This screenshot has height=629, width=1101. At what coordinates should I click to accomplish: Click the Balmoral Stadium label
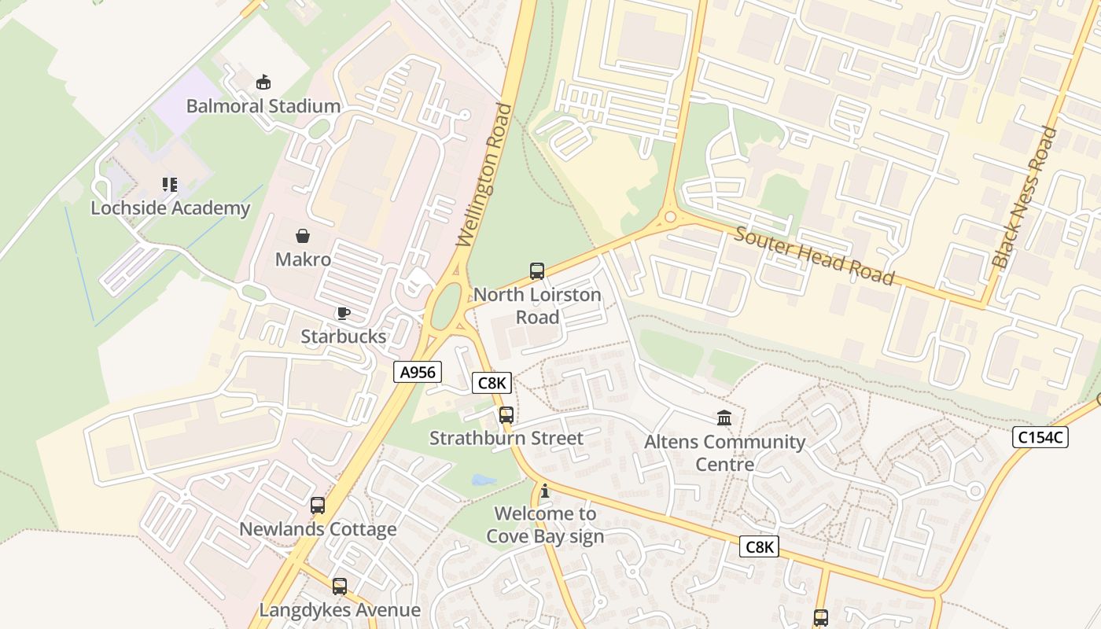(x=263, y=106)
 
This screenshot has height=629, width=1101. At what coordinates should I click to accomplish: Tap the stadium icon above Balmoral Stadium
(x=263, y=82)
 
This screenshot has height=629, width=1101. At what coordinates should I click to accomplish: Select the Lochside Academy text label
(x=170, y=208)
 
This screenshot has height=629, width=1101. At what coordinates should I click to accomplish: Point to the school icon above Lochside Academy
(x=170, y=185)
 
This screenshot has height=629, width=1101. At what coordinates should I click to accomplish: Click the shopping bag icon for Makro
(x=303, y=236)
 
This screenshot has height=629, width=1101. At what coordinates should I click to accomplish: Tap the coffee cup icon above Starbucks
(x=344, y=313)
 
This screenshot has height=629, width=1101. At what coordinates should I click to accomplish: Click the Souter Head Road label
(x=815, y=256)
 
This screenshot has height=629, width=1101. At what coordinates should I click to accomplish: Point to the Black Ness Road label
(x=1024, y=197)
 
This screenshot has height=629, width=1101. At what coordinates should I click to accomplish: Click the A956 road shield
(x=418, y=372)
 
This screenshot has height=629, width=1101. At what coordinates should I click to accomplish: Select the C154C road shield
(x=1040, y=438)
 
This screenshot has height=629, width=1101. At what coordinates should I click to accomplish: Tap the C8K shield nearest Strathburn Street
(x=492, y=383)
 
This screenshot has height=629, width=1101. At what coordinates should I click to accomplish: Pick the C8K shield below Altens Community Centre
(x=759, y=546)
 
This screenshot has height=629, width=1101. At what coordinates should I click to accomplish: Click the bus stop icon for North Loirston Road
(x=537, y=271)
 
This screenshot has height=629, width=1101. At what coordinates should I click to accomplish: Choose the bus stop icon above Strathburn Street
(x=506, y=414)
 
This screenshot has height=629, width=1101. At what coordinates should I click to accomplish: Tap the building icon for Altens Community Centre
(x=724, y=417)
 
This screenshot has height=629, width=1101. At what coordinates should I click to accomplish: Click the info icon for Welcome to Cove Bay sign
(x=545, y=491)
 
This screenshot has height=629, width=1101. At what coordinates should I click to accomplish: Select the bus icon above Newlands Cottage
(x=318, y=506)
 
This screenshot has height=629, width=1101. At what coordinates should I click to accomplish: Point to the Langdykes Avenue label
(x=340, y=610)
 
